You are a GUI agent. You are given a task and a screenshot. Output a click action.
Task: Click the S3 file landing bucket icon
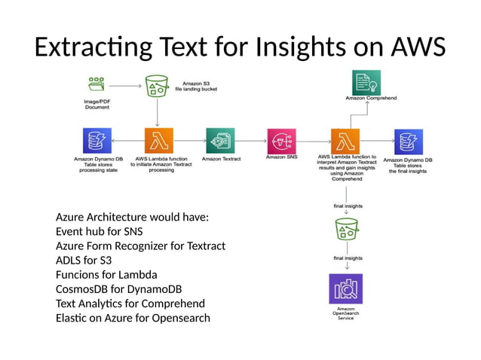pyautogui.click(x=157, y=87)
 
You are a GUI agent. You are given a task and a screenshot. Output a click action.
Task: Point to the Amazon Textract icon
pyautogui.click(x=220, y=141)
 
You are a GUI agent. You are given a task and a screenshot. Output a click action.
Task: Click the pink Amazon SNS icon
pyautogui.click(x=281, y=141)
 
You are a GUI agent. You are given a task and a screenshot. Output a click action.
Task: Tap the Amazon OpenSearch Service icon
pyautogui.click(x=345, y=288)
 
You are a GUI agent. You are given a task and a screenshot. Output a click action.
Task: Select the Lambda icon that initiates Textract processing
pyautogui.click(x=158, y=141)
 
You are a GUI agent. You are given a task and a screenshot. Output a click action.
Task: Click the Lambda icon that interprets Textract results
pyautogui.click(x=345, y=141)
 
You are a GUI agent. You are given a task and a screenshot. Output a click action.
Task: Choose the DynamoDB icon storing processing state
pyautogui.click(x=97, y=141)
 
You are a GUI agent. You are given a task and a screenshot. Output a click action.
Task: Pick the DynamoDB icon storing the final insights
pyautogui.click(x=407, y=141)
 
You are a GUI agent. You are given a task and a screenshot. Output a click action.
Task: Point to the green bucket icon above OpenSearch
pyautogui.click(x=345, y=229)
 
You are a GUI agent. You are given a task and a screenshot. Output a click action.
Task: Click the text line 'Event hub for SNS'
pyautogui.click(x=99, y=232)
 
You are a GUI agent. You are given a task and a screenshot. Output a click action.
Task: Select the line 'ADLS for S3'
pyautogui.click(x=84, y=261)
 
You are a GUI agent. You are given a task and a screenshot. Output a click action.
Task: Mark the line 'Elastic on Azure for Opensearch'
pyautogui.click(x=133, y=318)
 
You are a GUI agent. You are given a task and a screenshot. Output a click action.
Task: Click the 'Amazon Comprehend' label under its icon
pyautogui.click(x=366, y=99)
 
